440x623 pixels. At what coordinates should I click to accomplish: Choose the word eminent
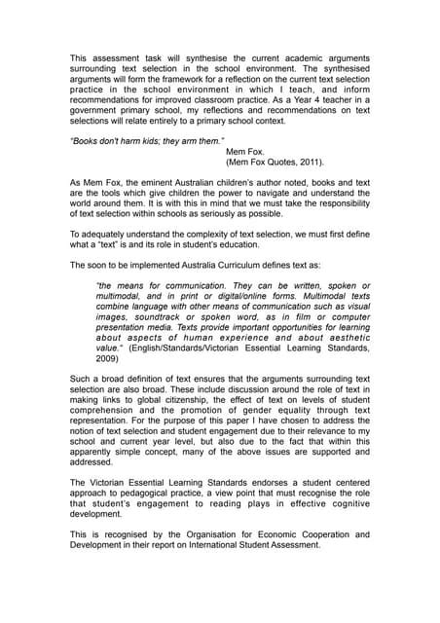pyautogui.click(x=158, y=183)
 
